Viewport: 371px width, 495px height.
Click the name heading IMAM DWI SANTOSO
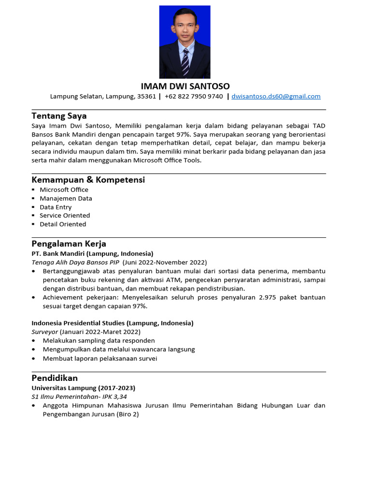pos(185,86)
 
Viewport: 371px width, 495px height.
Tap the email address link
pos(276,96)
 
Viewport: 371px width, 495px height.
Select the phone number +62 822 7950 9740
pos(194,96)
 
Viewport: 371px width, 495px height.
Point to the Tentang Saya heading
pos(59,116)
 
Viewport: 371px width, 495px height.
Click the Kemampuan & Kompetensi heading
pos(88,180)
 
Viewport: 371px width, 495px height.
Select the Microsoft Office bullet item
pos(64,189)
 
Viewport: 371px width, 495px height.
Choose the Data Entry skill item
pos(56,207)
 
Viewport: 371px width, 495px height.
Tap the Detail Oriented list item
pos(63,224)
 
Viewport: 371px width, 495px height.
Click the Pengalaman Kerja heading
pos(69,244)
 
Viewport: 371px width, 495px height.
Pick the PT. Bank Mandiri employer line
pos(92,253)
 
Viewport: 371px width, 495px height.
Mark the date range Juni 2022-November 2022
pos(165,262)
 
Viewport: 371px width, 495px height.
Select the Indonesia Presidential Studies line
pos(112,323)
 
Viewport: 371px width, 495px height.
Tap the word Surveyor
pos(44,332)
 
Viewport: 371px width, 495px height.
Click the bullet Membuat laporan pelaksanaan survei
pos(100,358)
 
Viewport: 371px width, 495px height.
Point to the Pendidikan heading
pos(55,378)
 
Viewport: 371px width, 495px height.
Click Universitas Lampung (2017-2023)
pos(83,388)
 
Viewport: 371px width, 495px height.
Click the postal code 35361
pos(146,96)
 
